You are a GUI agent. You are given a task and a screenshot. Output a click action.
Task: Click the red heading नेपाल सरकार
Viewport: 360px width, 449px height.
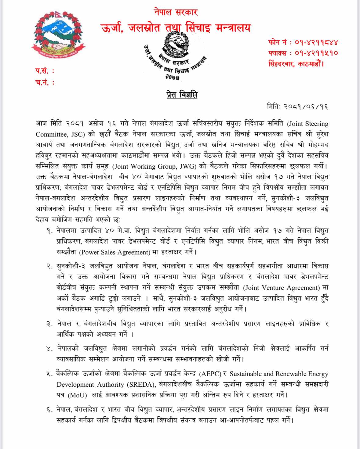176,12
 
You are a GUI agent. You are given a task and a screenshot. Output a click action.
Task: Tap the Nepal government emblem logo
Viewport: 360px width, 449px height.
58,35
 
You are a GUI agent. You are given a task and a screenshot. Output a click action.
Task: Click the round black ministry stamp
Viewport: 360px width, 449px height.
176,57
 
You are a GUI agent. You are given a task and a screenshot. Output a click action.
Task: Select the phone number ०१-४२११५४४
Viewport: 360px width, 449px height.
316,42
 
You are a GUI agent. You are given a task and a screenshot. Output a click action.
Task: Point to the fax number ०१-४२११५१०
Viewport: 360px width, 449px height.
316,53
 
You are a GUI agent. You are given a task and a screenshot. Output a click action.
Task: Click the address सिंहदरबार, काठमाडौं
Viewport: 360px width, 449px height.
296,64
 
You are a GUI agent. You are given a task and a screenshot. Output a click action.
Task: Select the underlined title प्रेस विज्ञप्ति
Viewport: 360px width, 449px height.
182,94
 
